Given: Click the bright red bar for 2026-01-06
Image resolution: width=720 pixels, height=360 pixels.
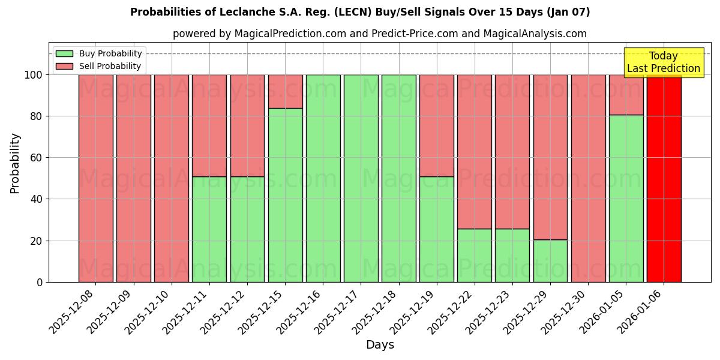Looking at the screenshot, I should pos(664,178).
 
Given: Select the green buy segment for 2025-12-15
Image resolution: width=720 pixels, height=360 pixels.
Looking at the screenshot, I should pos(285,195).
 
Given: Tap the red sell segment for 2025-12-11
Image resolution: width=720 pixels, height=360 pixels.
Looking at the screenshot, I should pos(209,125).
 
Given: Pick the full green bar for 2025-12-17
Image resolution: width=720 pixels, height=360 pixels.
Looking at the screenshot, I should pos(361,178).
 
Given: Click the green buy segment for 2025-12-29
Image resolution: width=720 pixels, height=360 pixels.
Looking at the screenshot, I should pos(550,261).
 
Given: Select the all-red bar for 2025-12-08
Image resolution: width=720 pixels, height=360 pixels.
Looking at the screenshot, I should pos(95,178).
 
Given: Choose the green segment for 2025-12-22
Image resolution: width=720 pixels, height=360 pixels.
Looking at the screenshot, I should pos(474,255).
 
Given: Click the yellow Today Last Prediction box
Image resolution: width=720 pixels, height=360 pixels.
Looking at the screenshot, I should pos(664,62).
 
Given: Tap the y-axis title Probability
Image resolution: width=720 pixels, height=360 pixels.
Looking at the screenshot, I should pos(15,163).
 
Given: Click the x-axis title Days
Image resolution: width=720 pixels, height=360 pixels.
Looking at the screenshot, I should pos(380,345).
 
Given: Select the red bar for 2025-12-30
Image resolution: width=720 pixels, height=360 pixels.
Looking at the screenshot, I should pos(588,178).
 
